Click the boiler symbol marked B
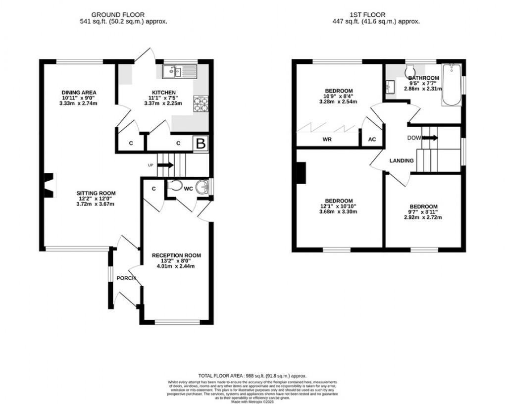pyautogui.click(x=201, y=144)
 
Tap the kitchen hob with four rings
pyautogui.click(x=201, y=104)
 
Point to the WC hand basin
pyautogui.click(x=203, y=188)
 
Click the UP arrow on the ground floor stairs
pyautogui.click(x=166, y=165)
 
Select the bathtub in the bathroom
pyautogui.click(x=452, y=85)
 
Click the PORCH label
pyautogui.click(x=126, y=278)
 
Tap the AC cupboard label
pyautogui.click(x=372, y=140)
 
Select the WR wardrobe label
pyautogui.click(x=327, y=140)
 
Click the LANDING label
pyautogui.click(x=402, y=161)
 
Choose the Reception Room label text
pyautogui.click(x=177, y=255)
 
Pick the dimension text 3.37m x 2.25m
pyautogui.click(x=163, y=103)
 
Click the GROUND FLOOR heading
pyautogui.click(x=124, y=15)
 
